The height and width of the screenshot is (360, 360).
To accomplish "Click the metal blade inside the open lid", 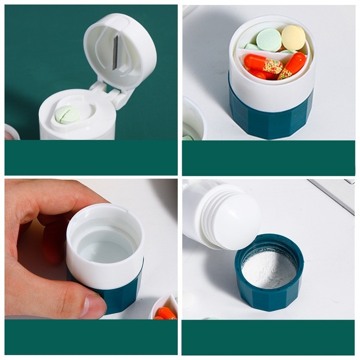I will [x=115, y=53].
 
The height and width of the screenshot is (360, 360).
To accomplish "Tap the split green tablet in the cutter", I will [x=67, y=115].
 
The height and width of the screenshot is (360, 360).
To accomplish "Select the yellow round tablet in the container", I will [x=293, y=37].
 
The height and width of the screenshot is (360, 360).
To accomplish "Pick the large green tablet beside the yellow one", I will [x=269, y=40].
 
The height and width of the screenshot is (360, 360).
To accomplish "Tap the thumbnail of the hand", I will [x=92, y=306].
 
